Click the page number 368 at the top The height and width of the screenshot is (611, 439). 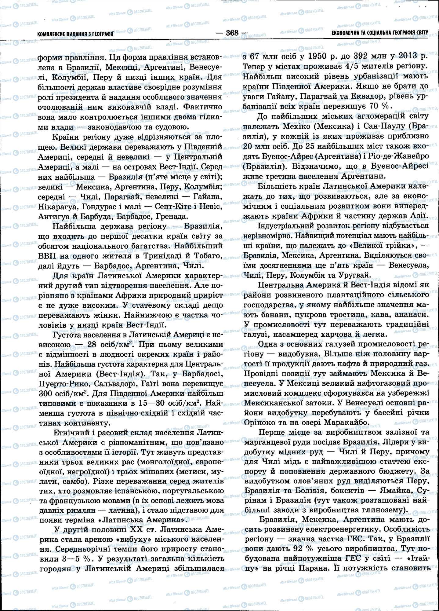tap(232, 33)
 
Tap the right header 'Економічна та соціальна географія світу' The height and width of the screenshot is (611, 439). tap(380, 32)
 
